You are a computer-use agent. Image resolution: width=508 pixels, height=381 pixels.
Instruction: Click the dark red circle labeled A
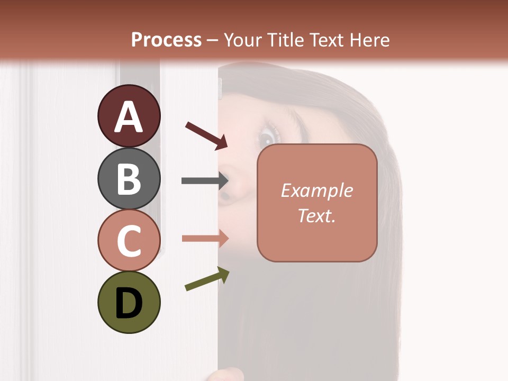129,116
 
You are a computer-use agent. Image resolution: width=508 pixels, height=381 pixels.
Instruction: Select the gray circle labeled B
129,179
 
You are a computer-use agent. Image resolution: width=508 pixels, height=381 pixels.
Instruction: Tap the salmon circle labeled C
129,240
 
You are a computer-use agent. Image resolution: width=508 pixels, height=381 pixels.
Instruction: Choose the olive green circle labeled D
129,302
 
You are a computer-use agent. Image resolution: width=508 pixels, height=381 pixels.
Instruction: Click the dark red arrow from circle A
207,135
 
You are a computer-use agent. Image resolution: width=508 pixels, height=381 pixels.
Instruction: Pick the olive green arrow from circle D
207,279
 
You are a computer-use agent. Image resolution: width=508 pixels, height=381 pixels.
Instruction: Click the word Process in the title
166,40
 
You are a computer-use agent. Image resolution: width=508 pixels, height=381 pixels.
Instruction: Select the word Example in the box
316,190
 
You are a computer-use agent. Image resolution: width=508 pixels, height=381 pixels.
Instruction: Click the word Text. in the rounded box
316,216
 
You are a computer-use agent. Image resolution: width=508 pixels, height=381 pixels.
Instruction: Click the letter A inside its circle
129,116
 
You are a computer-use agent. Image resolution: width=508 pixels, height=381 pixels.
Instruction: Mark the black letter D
129,303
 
